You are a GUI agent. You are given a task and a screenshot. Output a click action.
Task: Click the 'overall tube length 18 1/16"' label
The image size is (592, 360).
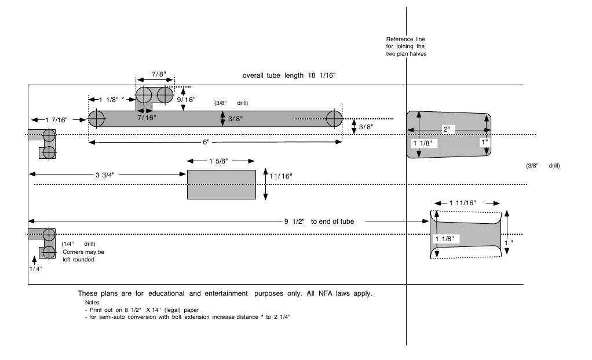[x=289, y=76]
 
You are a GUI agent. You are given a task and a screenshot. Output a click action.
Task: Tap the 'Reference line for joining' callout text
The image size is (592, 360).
[x=405, y=46]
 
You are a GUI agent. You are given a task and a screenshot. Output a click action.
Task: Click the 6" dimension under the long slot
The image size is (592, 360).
[x=206, y=142]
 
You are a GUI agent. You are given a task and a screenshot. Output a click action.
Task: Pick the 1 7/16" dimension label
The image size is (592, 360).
[x=56, y=119]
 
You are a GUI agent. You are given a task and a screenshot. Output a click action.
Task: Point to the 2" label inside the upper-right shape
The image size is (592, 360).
[x=446, y=129]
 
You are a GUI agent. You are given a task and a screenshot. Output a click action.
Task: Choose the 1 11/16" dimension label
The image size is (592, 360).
[x=462, y=203]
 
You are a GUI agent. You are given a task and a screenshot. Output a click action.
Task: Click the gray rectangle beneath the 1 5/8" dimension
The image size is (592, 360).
[x=221, y=185]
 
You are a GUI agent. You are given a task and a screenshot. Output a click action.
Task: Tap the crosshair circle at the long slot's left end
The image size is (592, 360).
[x=96, y=119]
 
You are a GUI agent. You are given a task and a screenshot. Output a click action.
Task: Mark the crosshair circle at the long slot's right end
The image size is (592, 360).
[x=334, y=119]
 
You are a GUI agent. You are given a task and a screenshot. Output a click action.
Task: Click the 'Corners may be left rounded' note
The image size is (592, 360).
[x=83, y=256]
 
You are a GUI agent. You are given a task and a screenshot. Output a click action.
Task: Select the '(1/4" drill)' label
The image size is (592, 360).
[x=78, y=244]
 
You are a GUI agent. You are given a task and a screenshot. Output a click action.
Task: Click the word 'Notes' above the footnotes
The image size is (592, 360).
[x=92, y=303]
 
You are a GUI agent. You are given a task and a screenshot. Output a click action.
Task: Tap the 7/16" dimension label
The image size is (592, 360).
[x=146, y=118]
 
